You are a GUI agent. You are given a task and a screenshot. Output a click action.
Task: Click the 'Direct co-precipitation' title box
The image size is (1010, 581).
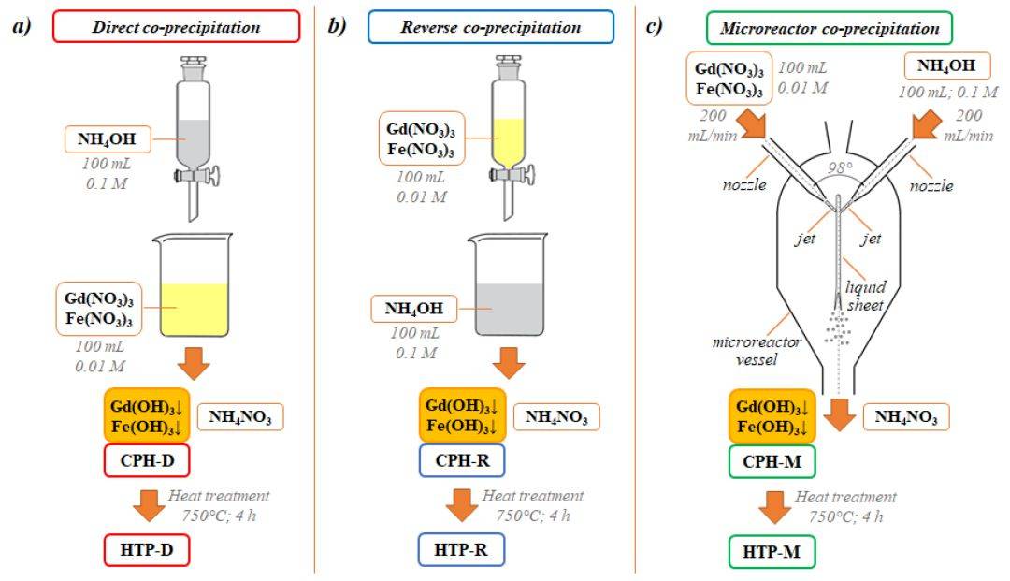[177, 27]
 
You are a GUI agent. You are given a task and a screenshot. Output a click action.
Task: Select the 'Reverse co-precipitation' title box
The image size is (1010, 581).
[490, 27]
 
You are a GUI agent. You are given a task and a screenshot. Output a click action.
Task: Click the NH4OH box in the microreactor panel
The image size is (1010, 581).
[945, 68]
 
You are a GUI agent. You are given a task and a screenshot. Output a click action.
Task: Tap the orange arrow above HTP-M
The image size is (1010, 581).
[776, 507]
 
